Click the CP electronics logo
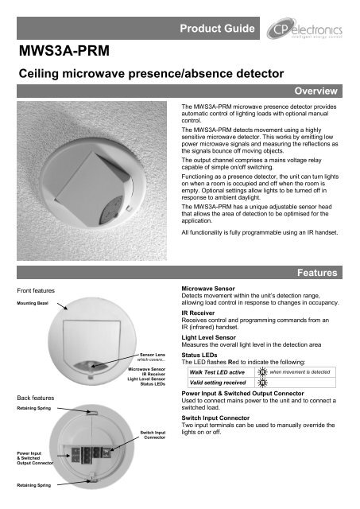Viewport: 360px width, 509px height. (x=304, y=29)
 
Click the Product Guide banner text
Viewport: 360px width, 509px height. (x=217, y=29)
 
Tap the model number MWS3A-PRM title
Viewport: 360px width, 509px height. (x=64, y=51)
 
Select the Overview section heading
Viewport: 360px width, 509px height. (x=315, y=91)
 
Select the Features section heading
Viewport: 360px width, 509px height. (x=317, y=273)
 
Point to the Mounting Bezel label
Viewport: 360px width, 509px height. (x=33, y=303)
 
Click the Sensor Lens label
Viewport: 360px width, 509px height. (x=153, y=355)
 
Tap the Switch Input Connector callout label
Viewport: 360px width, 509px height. (x=153, y=435)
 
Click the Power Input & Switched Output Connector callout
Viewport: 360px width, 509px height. (x=35, y=458)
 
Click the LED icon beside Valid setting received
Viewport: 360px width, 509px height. (x=262, y=383)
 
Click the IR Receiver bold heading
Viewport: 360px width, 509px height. (x=198, y=313)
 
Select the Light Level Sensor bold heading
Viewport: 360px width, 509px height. (x=208, y=337)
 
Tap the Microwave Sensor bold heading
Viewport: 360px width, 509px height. (x=208, y=288)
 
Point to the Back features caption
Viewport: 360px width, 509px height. (x=35, y=398)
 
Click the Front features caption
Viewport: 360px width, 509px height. (x=36, y=290)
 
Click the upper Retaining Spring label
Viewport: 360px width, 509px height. (x=33, y=408)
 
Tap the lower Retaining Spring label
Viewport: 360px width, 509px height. (x=33, y=485)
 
